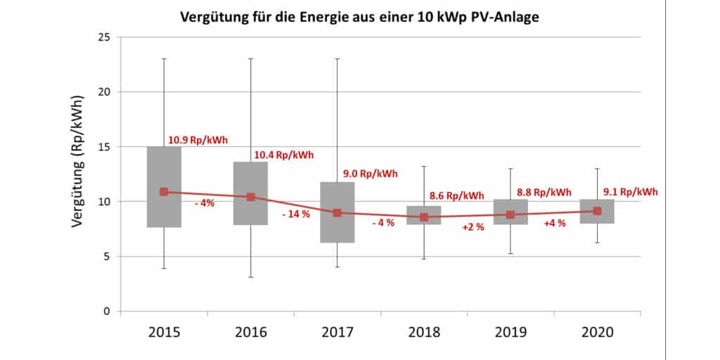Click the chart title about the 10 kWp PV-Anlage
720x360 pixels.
(359, 16)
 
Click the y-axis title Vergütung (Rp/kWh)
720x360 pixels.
(79, 174)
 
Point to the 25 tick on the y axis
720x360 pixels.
(103, 37)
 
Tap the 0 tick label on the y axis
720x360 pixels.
(107, 311)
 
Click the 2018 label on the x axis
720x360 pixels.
(423, 332)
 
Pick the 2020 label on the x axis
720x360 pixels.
(596, 332)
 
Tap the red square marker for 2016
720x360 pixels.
(250, 197)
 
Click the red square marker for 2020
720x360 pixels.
(597, 211)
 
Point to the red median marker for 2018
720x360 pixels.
(424, 217)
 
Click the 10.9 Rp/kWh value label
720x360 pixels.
(198, 140)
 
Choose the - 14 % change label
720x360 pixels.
(295, 214)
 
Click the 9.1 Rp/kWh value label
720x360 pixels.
(631, 191)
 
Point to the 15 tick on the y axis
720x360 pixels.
(103, 147)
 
